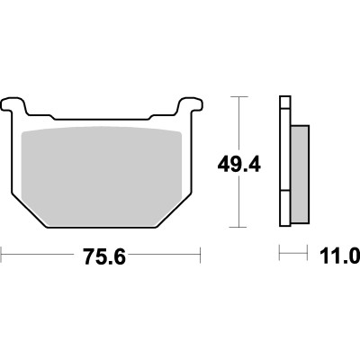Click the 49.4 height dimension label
(x=239, y=165)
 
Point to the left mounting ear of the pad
(x=13, y=106)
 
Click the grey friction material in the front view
(x=102, y=176)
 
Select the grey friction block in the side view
(x=300, y=175)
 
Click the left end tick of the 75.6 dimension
(x=2, y=255)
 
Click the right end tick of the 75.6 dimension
(x=200, y=255)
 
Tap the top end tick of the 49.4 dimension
(x=238, y=97)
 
